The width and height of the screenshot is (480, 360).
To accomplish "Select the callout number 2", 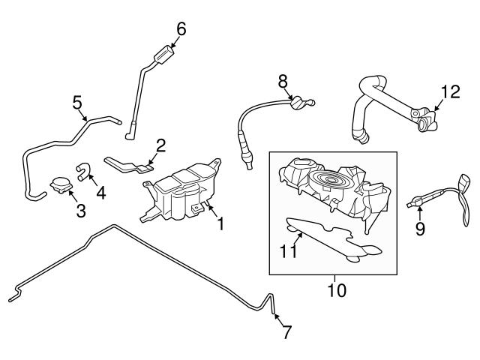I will pos(160,144).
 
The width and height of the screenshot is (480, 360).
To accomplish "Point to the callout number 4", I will pos(100,191).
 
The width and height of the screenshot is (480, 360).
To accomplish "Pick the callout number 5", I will pos(76,101).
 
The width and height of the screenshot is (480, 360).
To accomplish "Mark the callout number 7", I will pos(286,333).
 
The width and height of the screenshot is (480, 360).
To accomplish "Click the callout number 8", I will pos(283,80).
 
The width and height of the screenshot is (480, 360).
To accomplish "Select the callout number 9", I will pos(420,228).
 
